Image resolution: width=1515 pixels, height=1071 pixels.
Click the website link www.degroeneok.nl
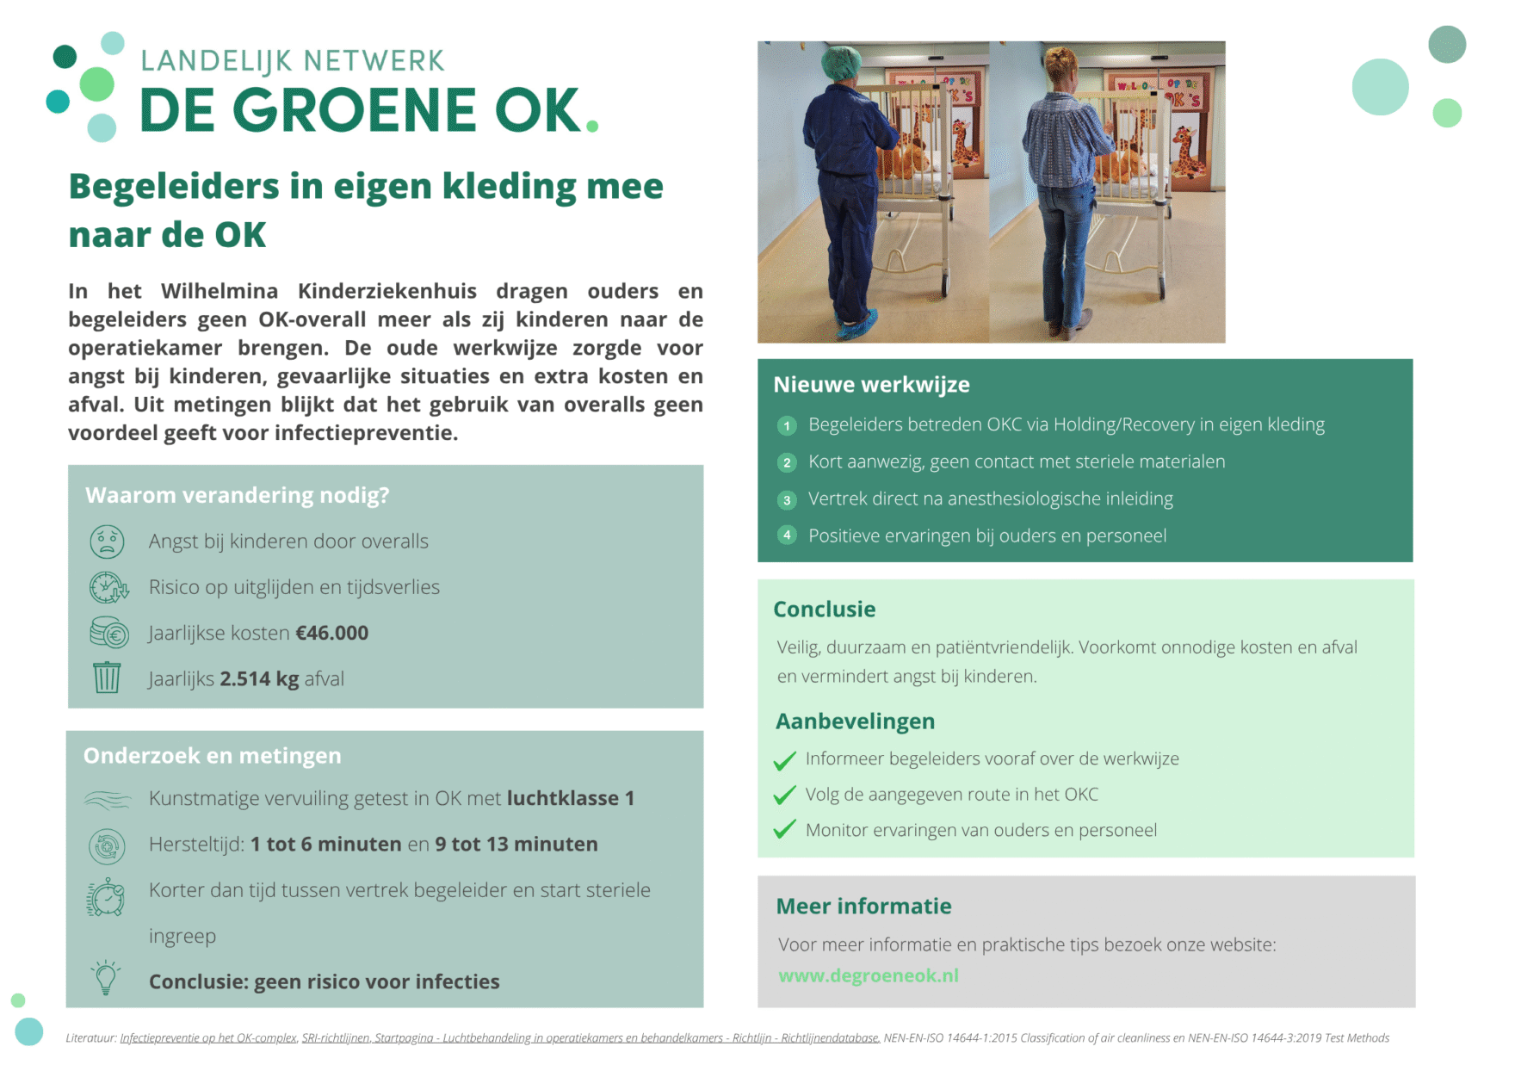coord(868,975)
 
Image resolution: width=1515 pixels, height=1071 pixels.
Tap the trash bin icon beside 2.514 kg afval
coord(107,678)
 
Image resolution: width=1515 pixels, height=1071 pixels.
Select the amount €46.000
coord(332,633)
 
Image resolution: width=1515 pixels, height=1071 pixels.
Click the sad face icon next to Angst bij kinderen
coord(107,542)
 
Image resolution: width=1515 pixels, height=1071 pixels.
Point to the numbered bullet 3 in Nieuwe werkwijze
coord(787,499)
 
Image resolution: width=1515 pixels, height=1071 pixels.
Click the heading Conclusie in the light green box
coord(824,609)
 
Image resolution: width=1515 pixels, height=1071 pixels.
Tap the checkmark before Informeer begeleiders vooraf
coord(784,760)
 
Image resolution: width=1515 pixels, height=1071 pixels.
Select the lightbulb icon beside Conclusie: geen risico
coord(106,978)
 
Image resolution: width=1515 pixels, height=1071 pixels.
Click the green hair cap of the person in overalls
coord(840,63)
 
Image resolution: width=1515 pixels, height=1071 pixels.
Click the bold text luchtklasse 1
coord(570,798)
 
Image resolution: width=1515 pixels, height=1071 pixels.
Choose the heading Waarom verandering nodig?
coord(237,495)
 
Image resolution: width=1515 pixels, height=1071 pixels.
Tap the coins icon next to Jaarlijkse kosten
coord(108,633)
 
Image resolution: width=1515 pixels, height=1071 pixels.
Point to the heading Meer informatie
coord(863,906)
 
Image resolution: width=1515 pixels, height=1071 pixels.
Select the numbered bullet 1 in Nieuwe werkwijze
coord(787,425)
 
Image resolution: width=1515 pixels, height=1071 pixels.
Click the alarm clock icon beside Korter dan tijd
coord(106,898)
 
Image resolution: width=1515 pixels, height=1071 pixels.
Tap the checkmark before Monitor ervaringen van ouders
coord(784,830)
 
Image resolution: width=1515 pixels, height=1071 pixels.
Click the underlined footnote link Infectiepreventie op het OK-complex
coord(208,1038)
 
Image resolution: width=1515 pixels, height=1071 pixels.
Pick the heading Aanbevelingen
coord(855,721)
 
